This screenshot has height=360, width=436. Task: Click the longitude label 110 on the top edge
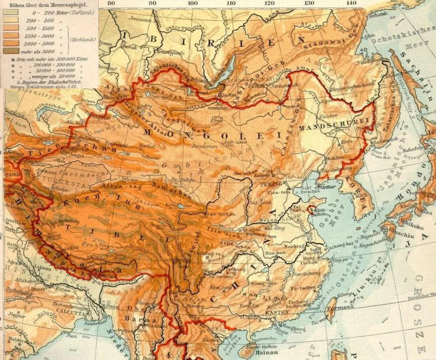231,3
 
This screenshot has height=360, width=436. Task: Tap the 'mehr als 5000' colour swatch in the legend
10,50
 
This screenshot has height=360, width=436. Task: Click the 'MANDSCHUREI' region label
335,124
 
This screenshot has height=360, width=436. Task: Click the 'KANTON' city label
277,313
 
